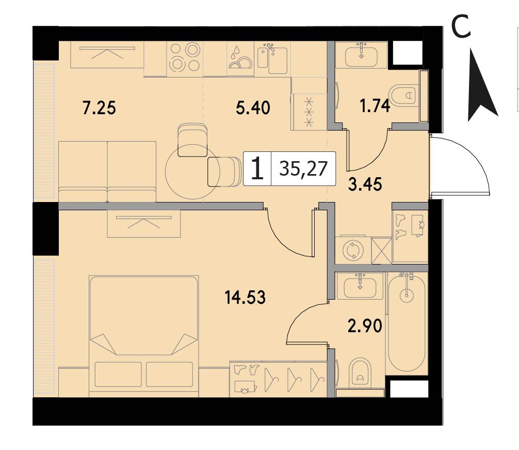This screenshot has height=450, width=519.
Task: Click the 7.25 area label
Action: click(99, 108)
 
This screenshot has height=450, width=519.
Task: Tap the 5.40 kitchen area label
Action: click(253, 108)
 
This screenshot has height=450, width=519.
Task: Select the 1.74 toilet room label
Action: click(375, 106)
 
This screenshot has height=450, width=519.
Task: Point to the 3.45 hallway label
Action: click(365, 184)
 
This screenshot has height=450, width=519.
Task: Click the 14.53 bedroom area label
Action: click(245, 297)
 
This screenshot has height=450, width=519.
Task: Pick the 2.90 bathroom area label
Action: click(365, 326)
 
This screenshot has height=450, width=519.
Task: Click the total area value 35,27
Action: click(303, 168)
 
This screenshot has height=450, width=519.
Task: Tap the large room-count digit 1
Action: click(257, 168)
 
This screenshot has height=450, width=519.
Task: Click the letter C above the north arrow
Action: click(461, 27)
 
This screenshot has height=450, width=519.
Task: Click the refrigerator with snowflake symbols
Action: click(310, 112)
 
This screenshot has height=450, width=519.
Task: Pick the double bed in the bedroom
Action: click(144, 336)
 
